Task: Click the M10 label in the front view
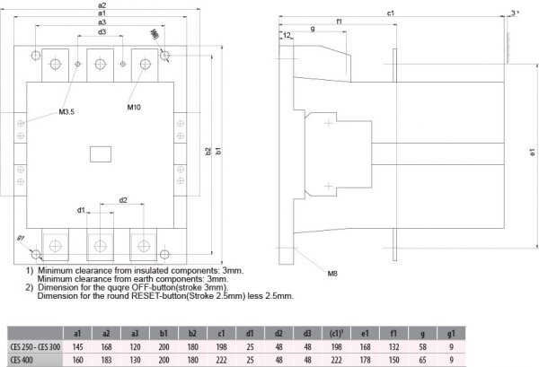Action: click(134, 108)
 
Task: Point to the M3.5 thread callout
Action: click(67, 112)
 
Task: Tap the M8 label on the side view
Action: click(332, 273)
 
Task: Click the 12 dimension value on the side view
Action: click(287, 35)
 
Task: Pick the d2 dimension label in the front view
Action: click(122, 199)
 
